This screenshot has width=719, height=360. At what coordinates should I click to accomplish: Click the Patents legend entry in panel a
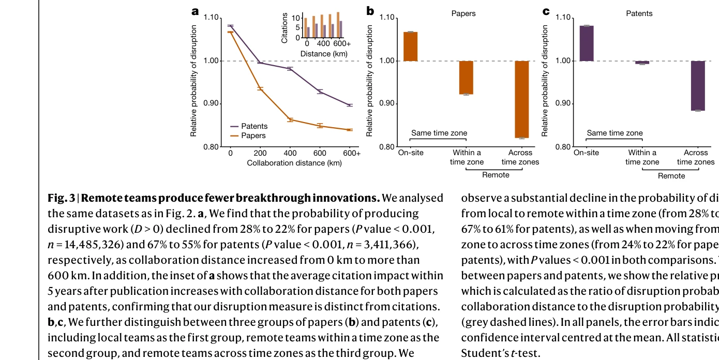pyautogui.click(x=254, y=126)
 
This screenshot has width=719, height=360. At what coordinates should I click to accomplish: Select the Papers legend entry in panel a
pyautogui.click(x=253, y=136)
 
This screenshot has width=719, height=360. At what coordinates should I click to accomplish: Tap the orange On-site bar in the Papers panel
pyautogui.click(x=410, y=47)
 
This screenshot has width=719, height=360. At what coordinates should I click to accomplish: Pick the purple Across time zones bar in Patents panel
pyautogui.click(x=698, y=86)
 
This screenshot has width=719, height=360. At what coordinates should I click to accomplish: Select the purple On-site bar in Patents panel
pyautogui.click(x=587, y=43)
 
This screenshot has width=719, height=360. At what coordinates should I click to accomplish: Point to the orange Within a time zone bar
pyautogui.click(x=466, y=78)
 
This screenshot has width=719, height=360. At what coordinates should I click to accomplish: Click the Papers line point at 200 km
pyautogui.click(x=260, y=89)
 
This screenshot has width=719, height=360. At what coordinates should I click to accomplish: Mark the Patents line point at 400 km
pyautogui.click(x=290, y=68)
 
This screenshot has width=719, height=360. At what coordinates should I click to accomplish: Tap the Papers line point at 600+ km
pyautogui.click(x=350, y=130)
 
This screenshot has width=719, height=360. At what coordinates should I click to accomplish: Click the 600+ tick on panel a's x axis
pyautogui.click(x=351, y=153)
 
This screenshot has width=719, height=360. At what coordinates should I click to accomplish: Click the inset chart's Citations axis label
pyautogui.click(x=284, y=28)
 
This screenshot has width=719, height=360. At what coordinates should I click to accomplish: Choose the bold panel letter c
pyautogui.click(x=546, y=11)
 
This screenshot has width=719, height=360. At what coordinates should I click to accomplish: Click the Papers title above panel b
pyautogui.click(x=463, y=13)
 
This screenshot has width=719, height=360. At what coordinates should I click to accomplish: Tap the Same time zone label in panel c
pyautogui.click(x=615, y=133)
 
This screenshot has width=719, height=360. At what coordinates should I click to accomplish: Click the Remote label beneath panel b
pyautogui.click(x=496, y=175)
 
